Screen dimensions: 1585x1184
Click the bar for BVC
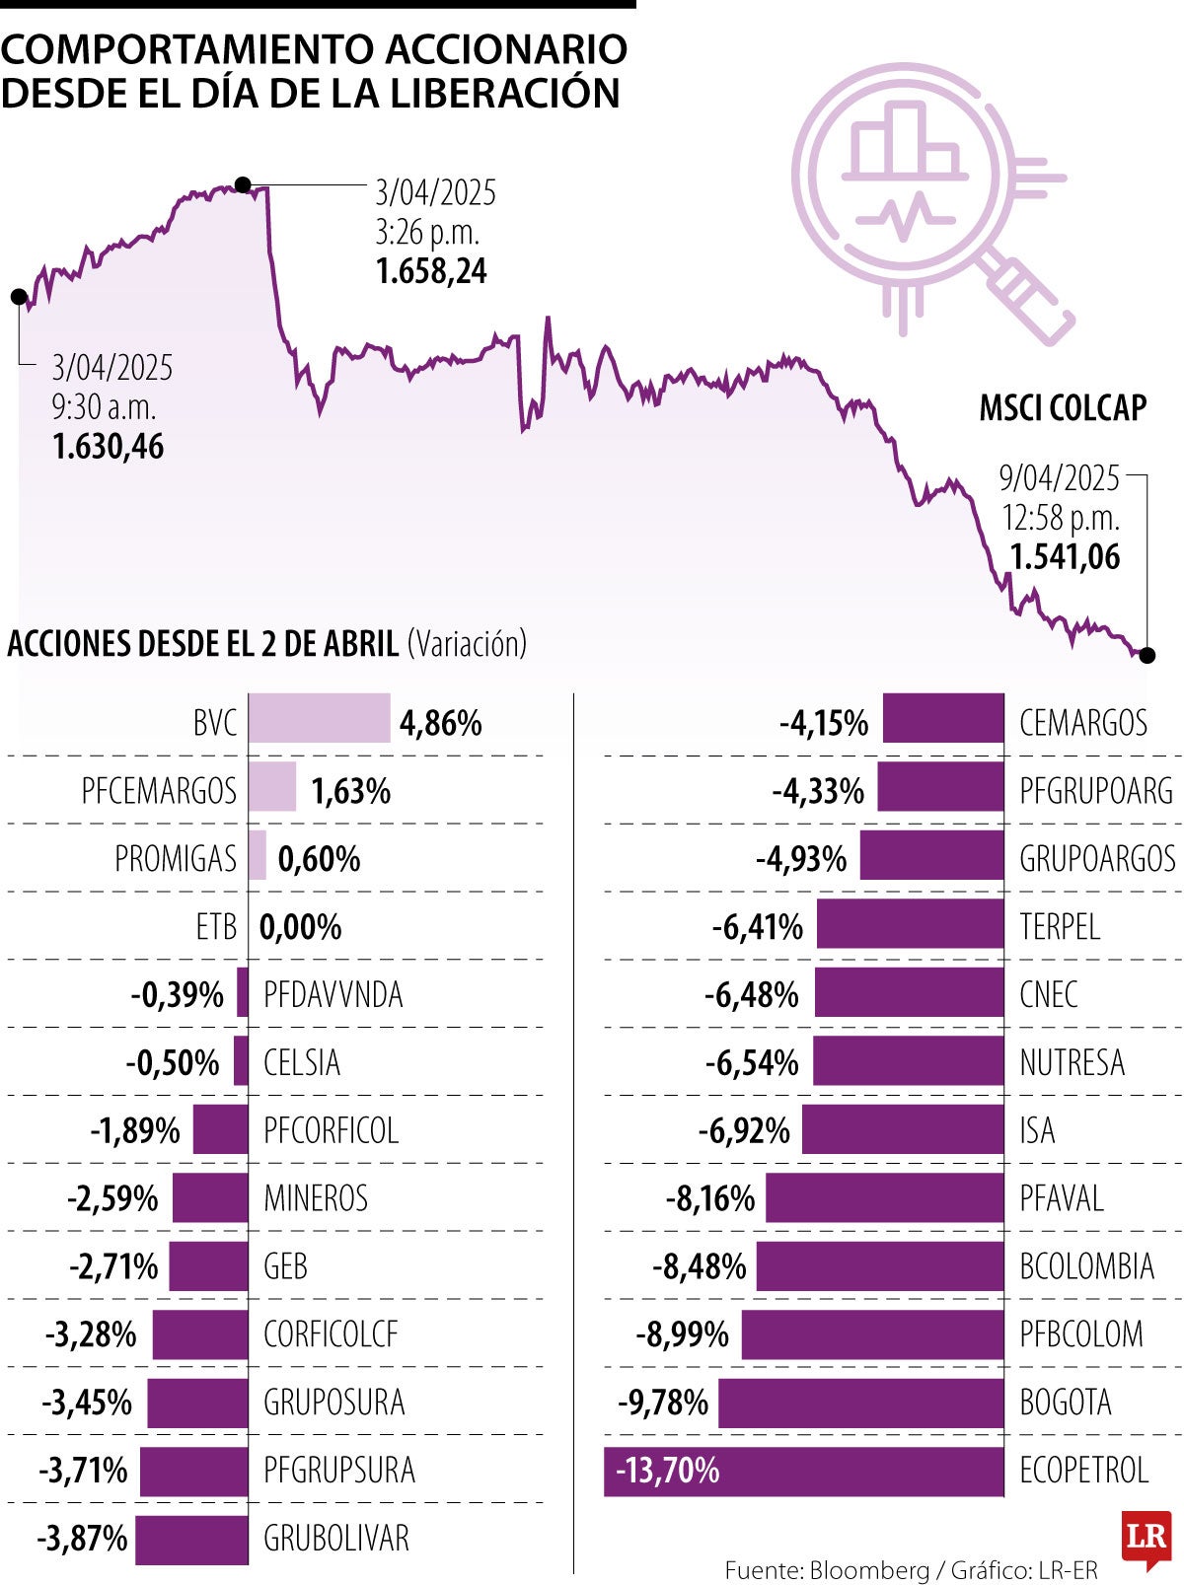(319, 718)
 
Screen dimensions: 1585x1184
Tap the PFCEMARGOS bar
(271, 787)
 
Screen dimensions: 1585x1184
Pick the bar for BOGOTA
(860, 1403)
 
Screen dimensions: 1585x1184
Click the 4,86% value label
(440, 723)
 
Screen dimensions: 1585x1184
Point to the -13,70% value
(668, 1471)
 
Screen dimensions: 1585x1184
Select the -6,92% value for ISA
(744, 1130)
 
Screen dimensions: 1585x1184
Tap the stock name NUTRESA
(1072, 1062)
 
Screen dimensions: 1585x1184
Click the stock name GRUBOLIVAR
(335, 1538)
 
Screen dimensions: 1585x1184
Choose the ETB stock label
(216, 927)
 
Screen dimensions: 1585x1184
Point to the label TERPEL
(1059, 927)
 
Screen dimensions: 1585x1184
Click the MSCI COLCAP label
(1063, 407)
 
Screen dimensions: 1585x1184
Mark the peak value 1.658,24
(431, 271)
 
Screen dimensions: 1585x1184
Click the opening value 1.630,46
(109, 446)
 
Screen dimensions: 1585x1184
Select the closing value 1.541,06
(1065, 556)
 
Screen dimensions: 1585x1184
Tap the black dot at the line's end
(1147, 655)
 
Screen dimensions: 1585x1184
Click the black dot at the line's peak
(243, 184)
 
